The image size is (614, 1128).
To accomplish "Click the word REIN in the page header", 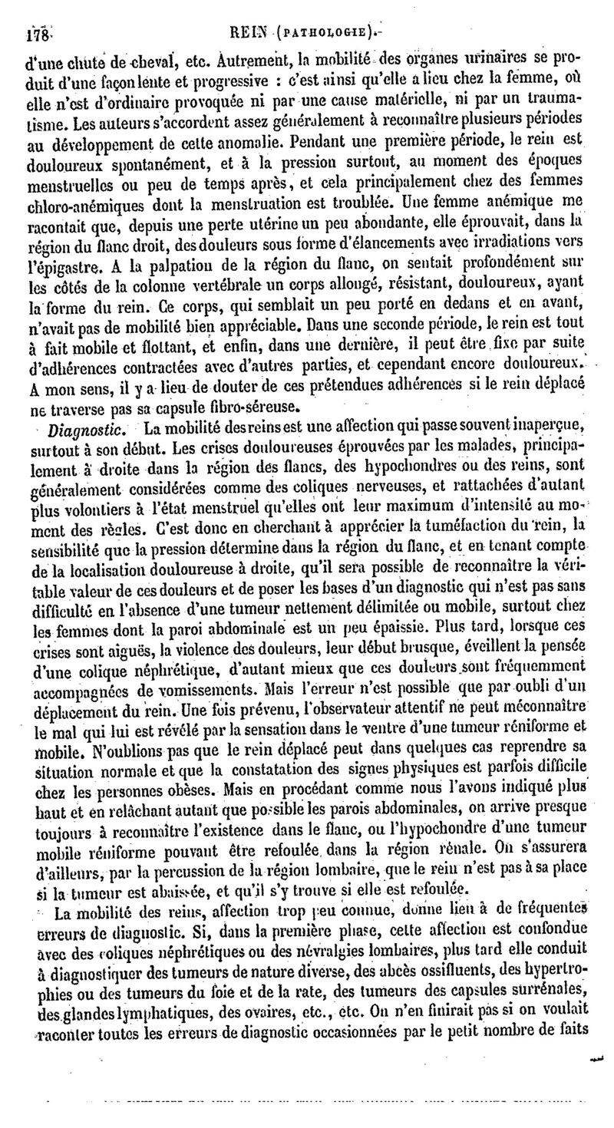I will coord(266,34).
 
